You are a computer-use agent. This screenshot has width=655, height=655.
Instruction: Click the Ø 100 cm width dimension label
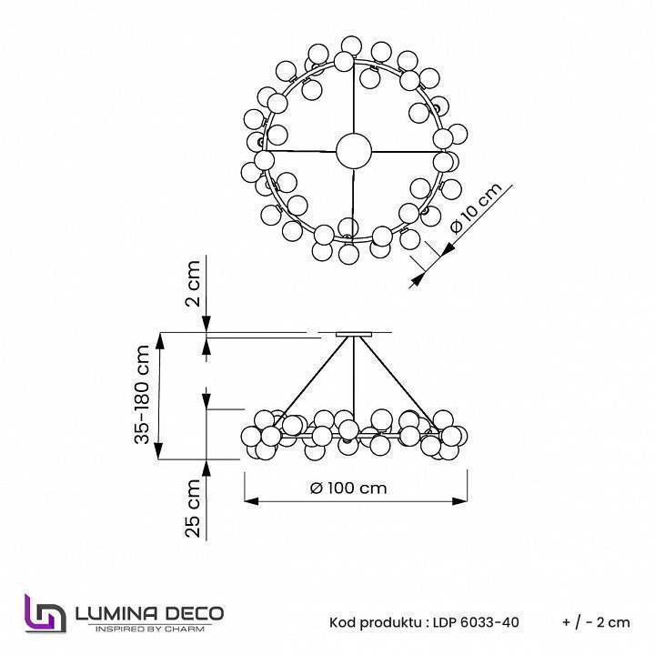(x=348, y=488)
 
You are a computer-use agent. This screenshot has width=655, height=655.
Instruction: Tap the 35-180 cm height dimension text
(x=143, y=395)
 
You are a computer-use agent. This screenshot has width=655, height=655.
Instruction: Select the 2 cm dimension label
(x=192, y=284)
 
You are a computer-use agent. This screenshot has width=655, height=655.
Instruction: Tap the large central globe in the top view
(x=353, y=150)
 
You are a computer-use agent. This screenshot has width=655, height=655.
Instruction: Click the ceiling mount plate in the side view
(x=354, y=334)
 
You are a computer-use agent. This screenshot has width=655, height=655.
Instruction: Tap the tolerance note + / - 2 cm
(x=596, y=622)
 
